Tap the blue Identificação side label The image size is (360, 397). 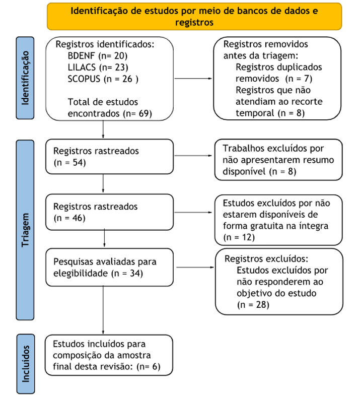click(26, 78)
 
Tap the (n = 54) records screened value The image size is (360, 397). click(69, 162)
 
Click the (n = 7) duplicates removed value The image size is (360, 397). click(299, 79)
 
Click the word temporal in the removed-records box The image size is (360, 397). click(255, 113)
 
